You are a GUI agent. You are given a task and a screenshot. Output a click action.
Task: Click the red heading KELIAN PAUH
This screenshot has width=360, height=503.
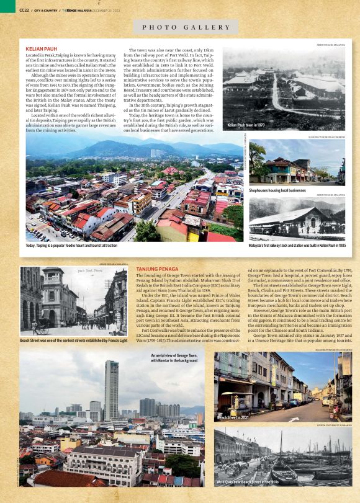tap(42, 48)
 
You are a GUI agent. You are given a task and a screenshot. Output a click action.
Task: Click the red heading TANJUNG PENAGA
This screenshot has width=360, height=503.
tap(157, 269)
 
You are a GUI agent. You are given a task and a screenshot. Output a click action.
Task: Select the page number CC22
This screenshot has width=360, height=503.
tap(24, 10)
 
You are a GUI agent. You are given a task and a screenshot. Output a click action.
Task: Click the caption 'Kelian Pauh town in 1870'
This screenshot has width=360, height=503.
tap(246, 125)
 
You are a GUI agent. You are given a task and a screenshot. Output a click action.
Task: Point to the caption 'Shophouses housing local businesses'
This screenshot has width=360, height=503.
tap(277, 190)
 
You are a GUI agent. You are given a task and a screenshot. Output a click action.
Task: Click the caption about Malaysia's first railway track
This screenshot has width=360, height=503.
tap(297, 246)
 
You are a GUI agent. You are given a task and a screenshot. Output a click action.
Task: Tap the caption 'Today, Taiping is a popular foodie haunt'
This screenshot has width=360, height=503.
tap(71, 246)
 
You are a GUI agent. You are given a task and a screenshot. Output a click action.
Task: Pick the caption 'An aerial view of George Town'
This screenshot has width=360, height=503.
tap(174, 358)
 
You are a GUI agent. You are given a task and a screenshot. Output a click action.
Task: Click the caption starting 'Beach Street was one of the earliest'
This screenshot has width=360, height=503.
tap(74, 340)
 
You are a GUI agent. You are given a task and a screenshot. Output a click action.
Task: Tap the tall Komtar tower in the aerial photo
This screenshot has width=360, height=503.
tap(111, 391)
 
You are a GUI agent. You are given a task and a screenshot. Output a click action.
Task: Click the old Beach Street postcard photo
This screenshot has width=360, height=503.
tap(74, 301)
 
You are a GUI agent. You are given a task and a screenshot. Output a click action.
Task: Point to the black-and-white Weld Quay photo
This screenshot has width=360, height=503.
tap(283, 456)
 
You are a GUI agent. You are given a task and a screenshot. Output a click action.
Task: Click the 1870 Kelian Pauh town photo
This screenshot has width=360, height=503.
tap(284, 87)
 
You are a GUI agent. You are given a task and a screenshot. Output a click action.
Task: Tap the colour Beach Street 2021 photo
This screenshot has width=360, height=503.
tap(283, 387)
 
